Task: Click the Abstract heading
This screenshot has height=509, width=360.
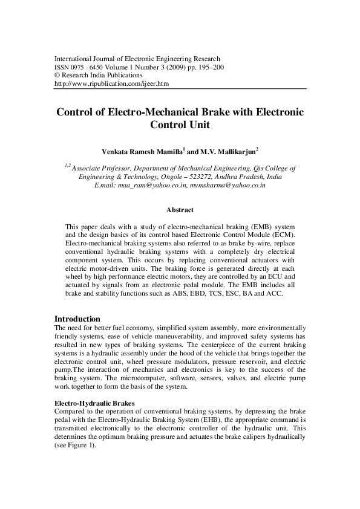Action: (180, 210)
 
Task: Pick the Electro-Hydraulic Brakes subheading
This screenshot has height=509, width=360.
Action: (94, 402)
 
